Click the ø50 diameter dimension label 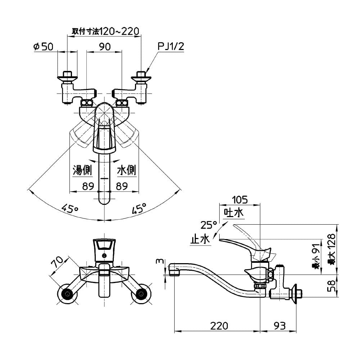pyautogui.click(x=43, y=46)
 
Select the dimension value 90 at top pyautogui.click(x=105, y=46)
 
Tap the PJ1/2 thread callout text pyautogui.click(x=171, y=46)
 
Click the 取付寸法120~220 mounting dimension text pyautogui.click(x=105, y=31)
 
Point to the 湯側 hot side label pyautogui.click(x=82, y=170)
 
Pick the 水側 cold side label pyautogui.click(x=126, y=170)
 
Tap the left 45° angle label pyautogui.click(x=69, y=208)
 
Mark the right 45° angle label pyautogui.click(x=139, y=208)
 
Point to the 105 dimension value pyautogui.click(x=240, y=199)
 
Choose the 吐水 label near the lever pyautogui.click(x=234, y=213)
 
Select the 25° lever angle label pyautogui.click(x=209, y=225)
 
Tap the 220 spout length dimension pyautogui.click(x=219, y=326)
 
